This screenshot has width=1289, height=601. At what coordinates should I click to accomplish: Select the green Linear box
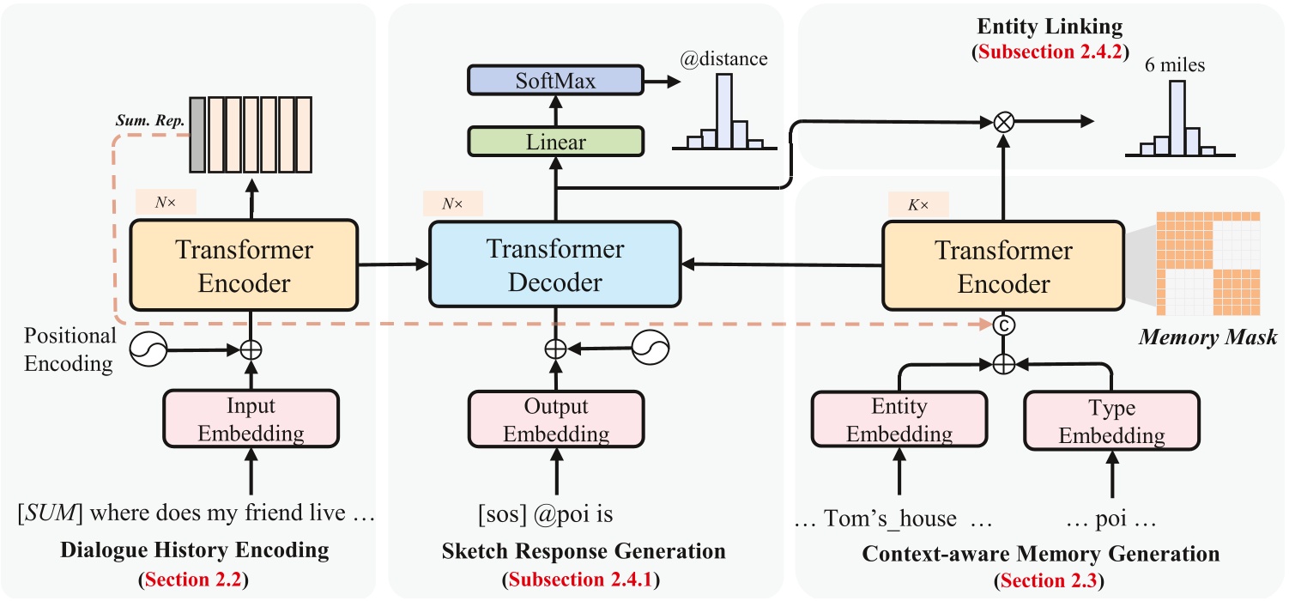[x=554, y=142]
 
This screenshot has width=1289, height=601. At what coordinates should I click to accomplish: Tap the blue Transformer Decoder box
[x=554, y=265]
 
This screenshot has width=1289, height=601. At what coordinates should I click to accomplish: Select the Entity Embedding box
[x=899, y=420]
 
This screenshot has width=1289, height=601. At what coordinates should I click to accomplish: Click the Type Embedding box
[x=1112, y=420]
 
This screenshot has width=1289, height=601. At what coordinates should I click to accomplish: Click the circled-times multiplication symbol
[x=1002, y=123]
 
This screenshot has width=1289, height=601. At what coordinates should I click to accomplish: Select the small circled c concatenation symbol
[x=1002, y=325]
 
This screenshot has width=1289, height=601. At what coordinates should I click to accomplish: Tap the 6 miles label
[x=1176, y=64]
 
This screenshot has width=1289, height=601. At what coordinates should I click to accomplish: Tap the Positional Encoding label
[x=69, y=349]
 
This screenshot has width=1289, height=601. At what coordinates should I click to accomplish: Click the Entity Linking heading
[x=1038, y=27]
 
